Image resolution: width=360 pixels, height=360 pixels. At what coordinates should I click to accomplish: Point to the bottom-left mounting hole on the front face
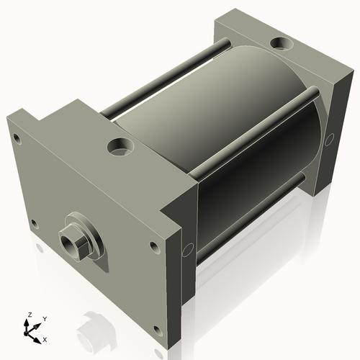[33, 222]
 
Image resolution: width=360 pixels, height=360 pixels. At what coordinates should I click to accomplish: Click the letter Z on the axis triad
[28, 315]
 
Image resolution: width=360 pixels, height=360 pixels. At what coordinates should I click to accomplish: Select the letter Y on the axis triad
[44, 318]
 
